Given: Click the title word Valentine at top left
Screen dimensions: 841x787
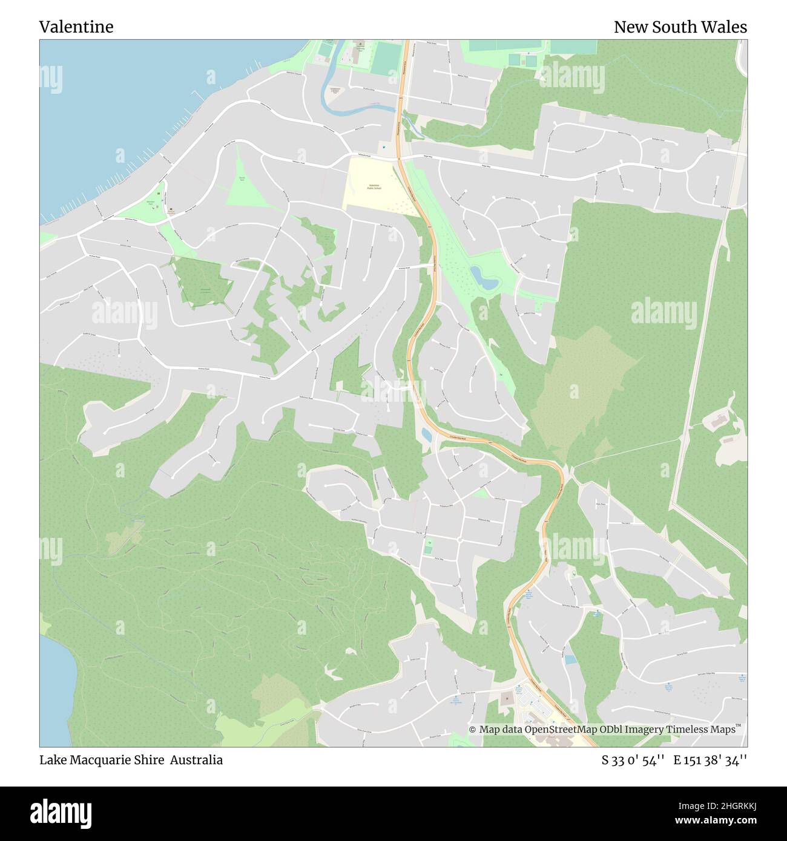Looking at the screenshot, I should click(76, 27).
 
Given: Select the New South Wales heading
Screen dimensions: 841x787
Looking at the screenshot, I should click(680, 27).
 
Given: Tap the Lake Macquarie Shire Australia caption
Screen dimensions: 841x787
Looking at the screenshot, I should click(131, 760).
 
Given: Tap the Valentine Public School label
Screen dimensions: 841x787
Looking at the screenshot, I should click(374, 188).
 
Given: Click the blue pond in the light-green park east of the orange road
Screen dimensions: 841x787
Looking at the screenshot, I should click(484, 278).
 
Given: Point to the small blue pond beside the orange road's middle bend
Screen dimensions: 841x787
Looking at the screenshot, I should click(426, 434).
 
